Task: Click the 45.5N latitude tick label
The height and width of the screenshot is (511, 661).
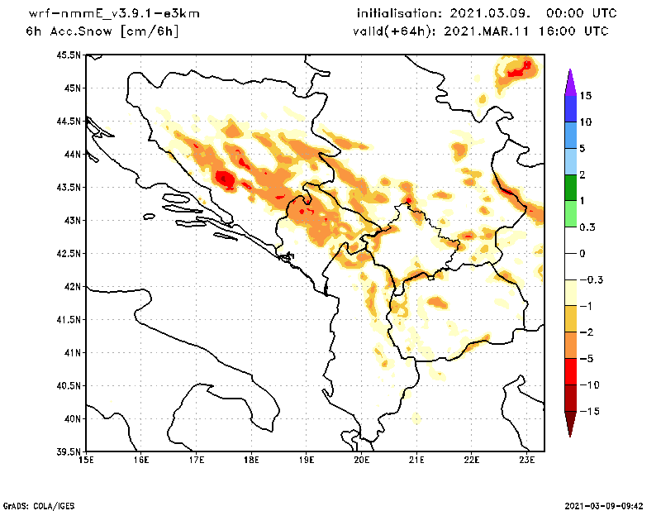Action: [69, 55]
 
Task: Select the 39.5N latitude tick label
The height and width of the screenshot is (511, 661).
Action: [69, 452]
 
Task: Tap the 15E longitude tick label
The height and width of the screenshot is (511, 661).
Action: [85, 460]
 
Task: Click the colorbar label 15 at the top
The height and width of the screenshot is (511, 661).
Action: [585, 96]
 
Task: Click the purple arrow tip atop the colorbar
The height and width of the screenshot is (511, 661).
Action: [570, 75]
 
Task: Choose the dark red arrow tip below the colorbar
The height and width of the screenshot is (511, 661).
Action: [570, 428]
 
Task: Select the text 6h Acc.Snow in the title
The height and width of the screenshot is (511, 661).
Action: [70, 31]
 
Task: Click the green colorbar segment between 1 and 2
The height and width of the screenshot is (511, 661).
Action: [570, 188]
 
